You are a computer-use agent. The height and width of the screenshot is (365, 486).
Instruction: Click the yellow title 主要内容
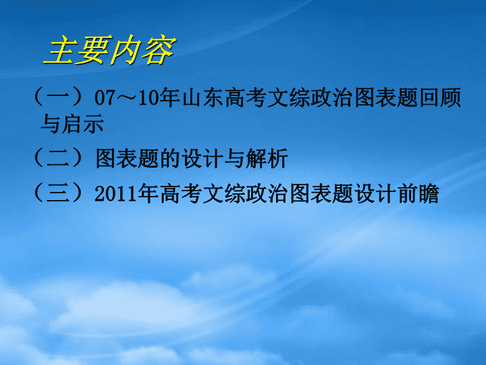click(x=109, y=50)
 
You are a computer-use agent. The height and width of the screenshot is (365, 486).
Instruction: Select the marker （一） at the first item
click(x=58, y=97)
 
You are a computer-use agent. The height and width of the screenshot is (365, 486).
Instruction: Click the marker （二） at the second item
click(x=58, y=158)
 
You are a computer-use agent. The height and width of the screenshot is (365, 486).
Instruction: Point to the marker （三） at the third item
click(x=58, y=193)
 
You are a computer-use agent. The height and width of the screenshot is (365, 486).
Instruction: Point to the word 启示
click(x=83, y=124)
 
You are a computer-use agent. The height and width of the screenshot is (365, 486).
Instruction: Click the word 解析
click(x=267, y=158)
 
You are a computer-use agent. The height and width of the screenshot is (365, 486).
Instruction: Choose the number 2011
click(x=115, y=194)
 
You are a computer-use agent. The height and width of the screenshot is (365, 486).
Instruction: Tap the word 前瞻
click(x=419, y=193)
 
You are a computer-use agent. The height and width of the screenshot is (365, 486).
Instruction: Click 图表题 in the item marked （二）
click(x=128, y=158)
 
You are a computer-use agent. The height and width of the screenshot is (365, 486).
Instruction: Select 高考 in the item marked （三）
click(x=181, y=193)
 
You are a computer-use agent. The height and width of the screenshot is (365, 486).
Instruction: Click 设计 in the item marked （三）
click(x=376, y=193)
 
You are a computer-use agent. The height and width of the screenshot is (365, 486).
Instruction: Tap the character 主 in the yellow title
click(x=61, y=50)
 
